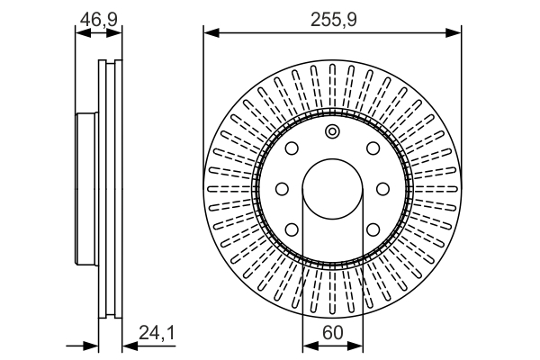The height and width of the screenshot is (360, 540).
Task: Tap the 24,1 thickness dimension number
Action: click(156, 333)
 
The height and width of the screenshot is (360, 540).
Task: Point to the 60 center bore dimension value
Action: click(332, 333)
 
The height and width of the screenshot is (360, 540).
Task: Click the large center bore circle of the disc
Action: click(332, 189)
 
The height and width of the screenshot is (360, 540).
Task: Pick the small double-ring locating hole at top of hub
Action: click(332, 134)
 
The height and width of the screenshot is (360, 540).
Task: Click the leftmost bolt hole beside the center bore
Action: click(281, 189)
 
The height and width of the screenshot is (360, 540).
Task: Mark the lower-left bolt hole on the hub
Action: click(292, 229)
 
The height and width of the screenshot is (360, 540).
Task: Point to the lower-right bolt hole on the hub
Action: click(372, 229)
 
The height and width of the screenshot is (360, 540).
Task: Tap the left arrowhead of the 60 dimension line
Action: click(306, 346)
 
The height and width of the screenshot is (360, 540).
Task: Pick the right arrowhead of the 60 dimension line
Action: click(358, 346)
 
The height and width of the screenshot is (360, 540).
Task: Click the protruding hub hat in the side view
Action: click(85, 189)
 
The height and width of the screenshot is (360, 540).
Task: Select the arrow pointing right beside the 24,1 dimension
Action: click(90, 346)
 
